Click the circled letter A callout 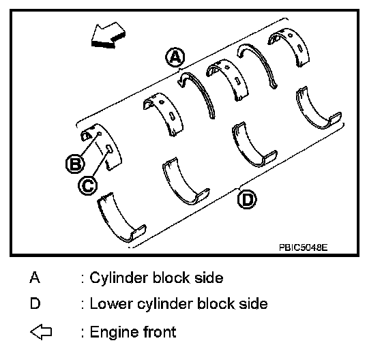coord(175,57)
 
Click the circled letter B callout coord(75,164)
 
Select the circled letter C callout coord(88,185)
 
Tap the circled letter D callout coord(247,200)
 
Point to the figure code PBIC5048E coord(304,247)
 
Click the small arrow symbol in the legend coord(41,332)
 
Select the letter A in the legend coord(35,277)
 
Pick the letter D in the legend coord(35,303)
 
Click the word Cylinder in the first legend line coord(119,278)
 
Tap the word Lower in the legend coord(111,303)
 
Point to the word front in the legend coord(160,331)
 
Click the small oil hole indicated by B coord(100,134)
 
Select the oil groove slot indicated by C coord(109,149)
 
